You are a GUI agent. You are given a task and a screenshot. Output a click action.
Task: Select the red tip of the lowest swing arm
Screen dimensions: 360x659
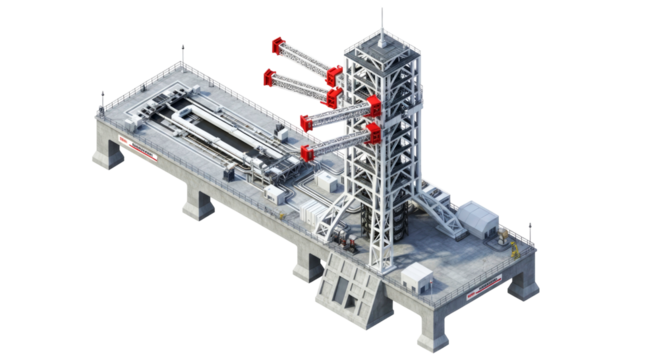coord(307,153)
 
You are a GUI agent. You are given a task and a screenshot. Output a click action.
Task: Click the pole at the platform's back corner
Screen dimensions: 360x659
coord(181,53)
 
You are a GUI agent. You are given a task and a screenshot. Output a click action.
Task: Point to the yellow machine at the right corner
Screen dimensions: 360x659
coord(511,242)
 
